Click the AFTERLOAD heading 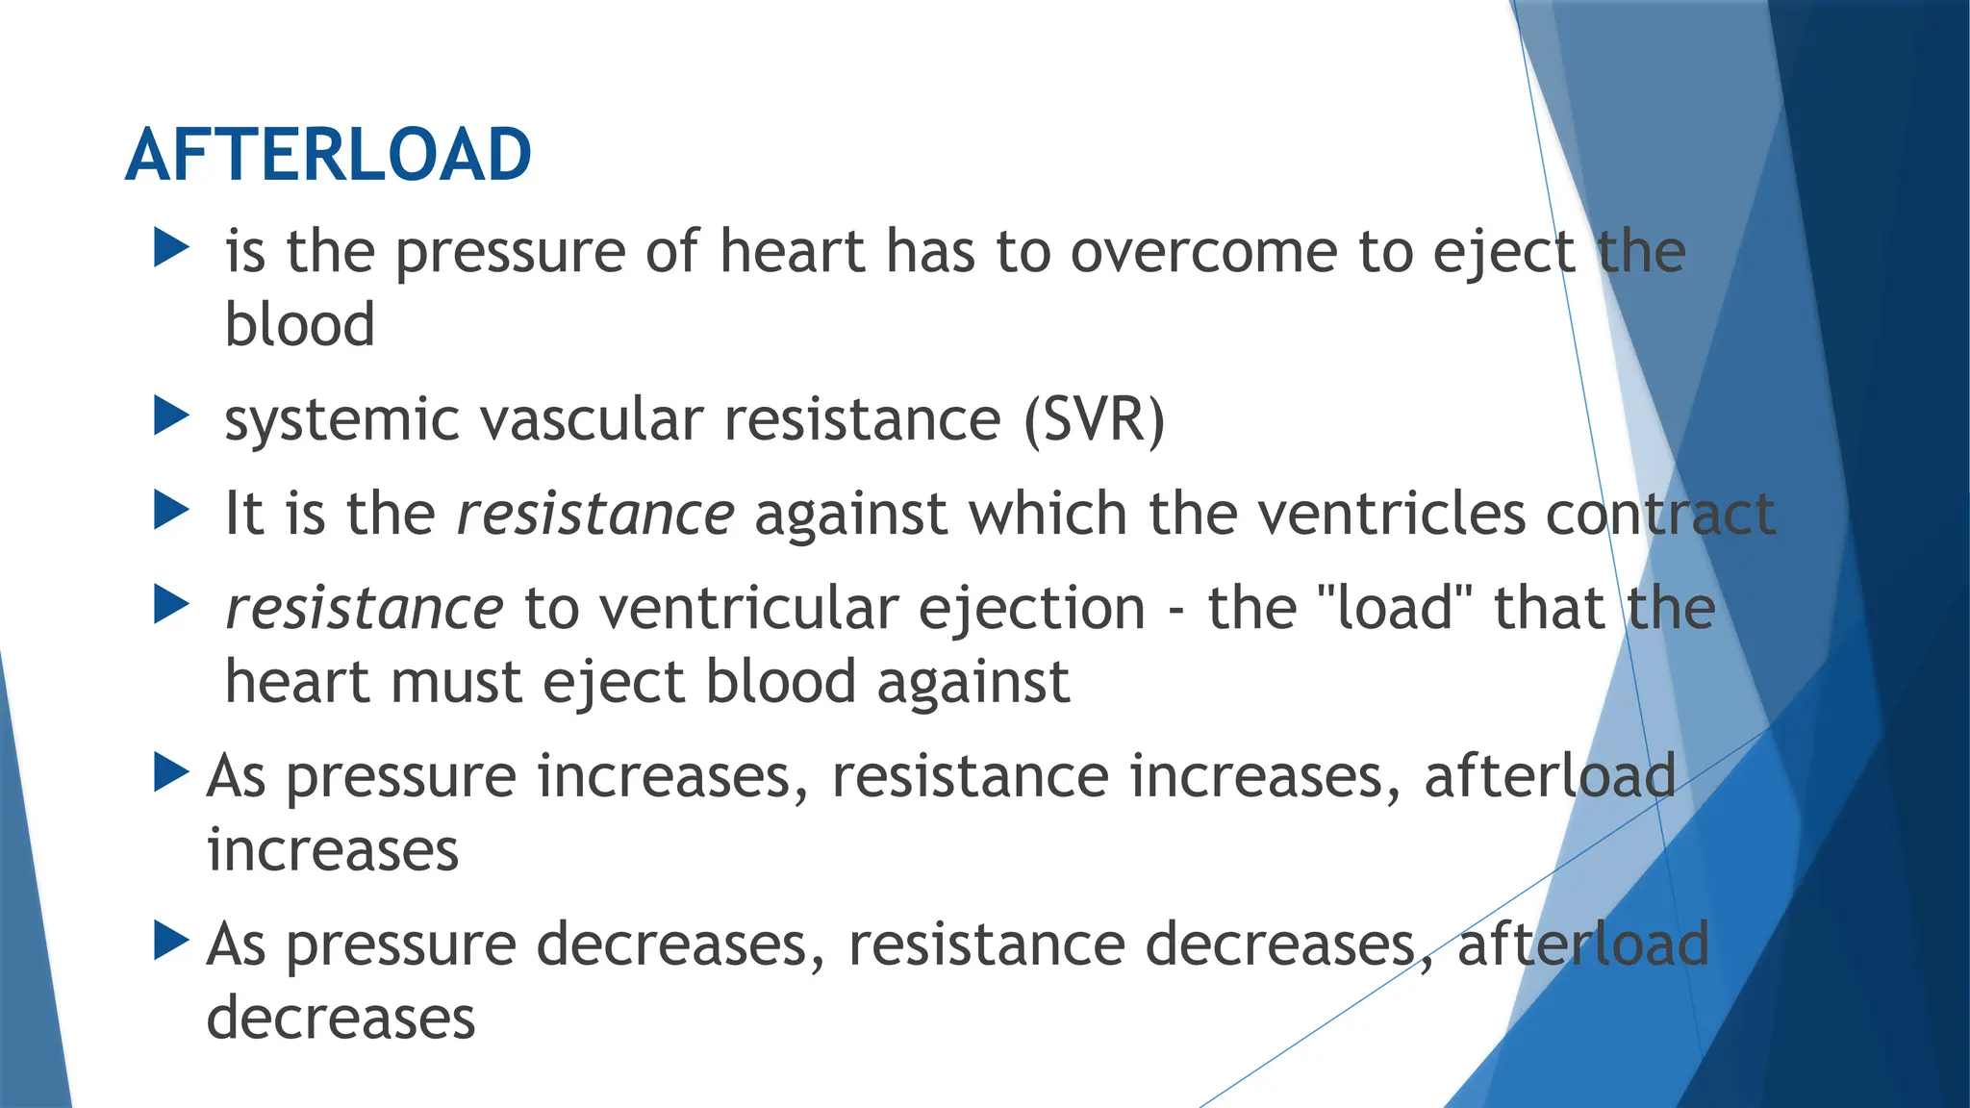click(328, 155)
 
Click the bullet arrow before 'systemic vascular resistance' click(171, 416)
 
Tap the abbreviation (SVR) click(1094, 420)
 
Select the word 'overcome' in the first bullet click(1203, 252)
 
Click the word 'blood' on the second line click(299, 324)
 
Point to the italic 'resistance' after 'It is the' click(595, 514)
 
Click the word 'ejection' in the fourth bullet click(1031, 610)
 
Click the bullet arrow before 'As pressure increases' click(171, 773)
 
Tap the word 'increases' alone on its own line click(333, 850)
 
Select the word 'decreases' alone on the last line click(341, 1018)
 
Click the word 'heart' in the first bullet click(792, 252)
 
